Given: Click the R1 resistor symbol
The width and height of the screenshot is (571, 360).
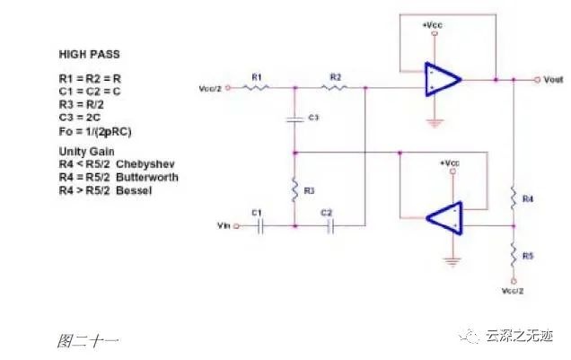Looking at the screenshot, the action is (256, 87).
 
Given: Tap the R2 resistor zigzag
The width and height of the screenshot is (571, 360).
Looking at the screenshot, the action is (334, 87).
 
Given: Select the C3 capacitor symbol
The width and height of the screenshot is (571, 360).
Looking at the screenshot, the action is (295, 119).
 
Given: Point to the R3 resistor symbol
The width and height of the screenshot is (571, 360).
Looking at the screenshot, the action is (295, 189).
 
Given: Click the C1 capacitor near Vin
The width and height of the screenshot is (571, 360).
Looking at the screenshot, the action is (259, 226).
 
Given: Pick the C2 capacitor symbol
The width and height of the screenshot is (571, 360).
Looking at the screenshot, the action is (330, 226).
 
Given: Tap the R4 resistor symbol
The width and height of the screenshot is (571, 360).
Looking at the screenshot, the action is (514, 198).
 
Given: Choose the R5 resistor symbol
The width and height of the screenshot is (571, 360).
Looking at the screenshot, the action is (514, 256).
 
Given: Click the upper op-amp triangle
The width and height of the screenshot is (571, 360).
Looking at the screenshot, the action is (443, 79).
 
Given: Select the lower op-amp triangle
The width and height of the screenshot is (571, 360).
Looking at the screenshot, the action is (444, 218).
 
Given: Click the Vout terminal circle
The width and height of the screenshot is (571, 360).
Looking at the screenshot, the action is (537, 80).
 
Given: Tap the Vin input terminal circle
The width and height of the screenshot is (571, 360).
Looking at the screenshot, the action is (236, 226).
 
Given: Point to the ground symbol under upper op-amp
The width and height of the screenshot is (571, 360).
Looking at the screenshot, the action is (434, 123).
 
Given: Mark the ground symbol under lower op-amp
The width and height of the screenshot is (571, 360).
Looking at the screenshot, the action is (452, 262).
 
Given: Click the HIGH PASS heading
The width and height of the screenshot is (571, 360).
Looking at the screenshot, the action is (89, 55).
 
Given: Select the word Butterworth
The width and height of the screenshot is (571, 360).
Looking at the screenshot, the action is (147, 177).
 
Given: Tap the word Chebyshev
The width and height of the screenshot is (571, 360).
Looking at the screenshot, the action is (145, 164).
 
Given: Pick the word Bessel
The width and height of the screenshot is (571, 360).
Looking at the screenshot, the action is (134, 190).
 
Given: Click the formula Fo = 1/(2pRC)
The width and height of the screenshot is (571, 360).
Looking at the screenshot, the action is (95, 131).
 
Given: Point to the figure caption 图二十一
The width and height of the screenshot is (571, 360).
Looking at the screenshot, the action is (88, 341).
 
